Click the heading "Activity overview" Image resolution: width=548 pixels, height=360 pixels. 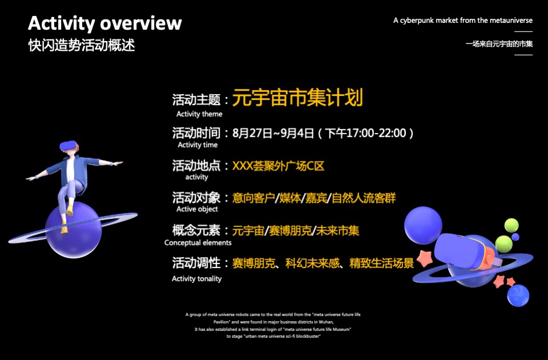tap(105, 23)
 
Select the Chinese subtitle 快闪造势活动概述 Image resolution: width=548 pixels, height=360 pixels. tap(82, 45)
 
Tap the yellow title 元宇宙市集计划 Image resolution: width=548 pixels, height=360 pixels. tap(297, 98)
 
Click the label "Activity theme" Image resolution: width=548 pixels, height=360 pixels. tap(199, 114)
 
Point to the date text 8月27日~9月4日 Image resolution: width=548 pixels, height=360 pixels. tap(273, 134)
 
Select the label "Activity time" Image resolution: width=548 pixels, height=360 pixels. tap(198, 145)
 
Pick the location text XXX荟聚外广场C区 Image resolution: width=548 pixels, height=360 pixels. tap(278, 166)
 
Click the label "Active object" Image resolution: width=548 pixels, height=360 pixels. tap(197, 209)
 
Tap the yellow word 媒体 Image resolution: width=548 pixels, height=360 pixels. tap(291, 198)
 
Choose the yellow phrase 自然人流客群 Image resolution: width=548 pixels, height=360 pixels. tap(364, 198)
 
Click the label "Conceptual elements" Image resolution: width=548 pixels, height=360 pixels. tap(198, 242)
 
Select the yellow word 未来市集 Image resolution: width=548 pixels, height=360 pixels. tap(339, 231)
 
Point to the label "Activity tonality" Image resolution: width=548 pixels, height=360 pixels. tap(196, 278)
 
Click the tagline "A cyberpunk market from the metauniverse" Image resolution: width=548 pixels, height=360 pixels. tap(463, 21)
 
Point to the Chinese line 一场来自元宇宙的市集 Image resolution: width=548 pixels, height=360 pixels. tap(499, 43)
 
